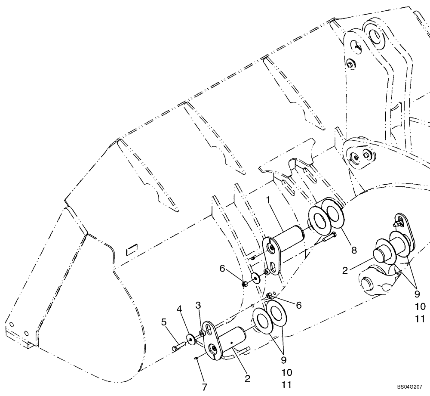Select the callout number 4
pos(179,309)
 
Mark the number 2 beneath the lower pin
pos(248,379)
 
